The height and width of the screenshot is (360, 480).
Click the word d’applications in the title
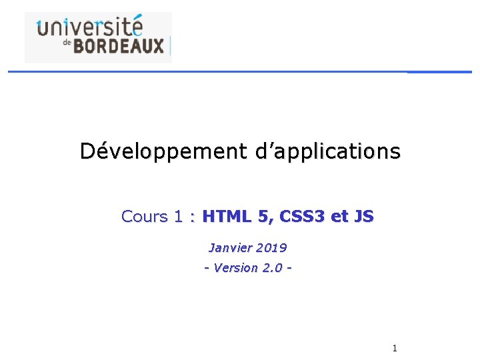point(327,151)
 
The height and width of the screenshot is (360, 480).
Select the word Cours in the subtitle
point(145,217)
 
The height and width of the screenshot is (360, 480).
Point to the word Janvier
point(231,248)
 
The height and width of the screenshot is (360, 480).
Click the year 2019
point(271,248)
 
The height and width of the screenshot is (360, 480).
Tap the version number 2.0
point(273,268)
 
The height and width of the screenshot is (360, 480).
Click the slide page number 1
point(395,348)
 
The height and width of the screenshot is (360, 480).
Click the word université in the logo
point(90,28)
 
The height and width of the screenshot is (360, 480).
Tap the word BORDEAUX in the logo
point(118,46)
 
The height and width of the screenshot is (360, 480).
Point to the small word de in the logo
point(66,42)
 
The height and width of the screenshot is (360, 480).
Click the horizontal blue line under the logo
point(240,71)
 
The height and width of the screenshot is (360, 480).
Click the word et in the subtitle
point(340,217)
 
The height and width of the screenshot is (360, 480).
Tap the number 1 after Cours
point(178,217)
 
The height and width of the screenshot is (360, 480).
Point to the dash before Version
point(207,268)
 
